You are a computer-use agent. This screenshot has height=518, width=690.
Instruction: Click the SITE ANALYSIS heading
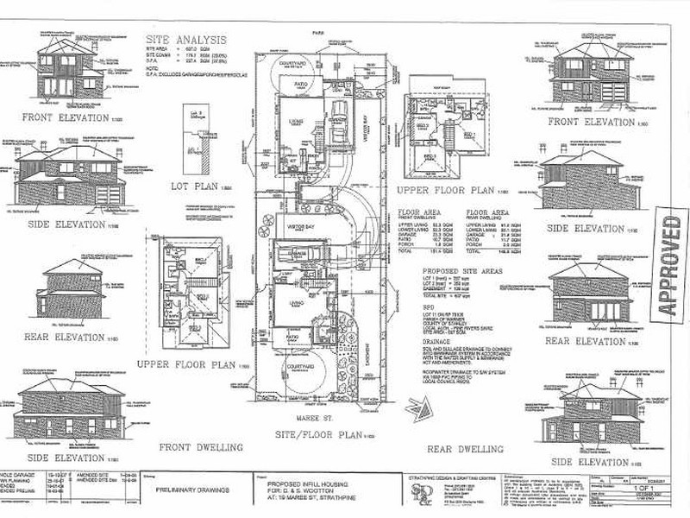click(186, 39)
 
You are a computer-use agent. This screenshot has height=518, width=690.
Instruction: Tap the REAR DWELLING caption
click(464, 449)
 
